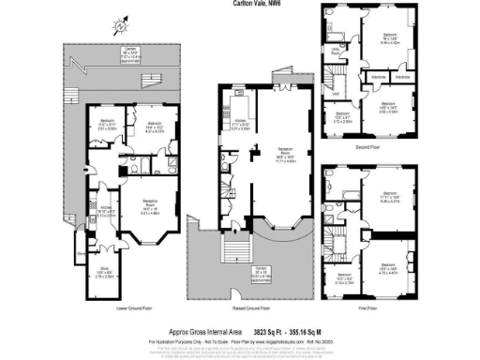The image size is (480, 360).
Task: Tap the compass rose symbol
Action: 120,26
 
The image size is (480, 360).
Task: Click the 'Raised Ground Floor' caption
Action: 240,307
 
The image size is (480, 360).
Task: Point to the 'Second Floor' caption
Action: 375,146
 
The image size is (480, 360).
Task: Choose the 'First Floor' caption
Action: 375,307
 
